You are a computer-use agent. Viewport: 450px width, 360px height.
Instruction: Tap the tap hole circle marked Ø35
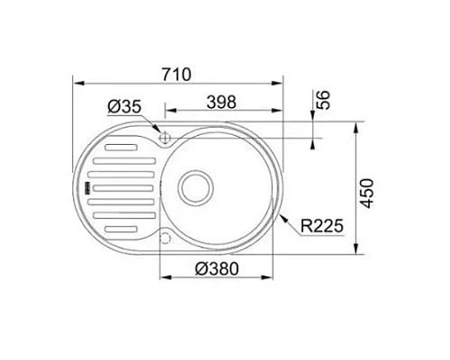tap(165, 137)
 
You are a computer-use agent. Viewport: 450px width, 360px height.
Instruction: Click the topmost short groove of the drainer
tap(121, 145)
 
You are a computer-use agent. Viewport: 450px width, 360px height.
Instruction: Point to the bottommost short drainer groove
tap(121, 231)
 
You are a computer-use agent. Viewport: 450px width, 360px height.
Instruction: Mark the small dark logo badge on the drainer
tap(88, 187)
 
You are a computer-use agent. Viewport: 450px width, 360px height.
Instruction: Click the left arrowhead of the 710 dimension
tap(76, 88)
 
